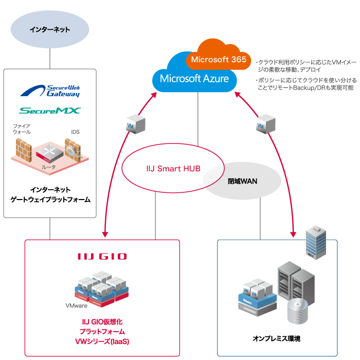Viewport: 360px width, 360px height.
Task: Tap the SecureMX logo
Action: tap(50, 111)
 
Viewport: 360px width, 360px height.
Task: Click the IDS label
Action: tap(75, 132)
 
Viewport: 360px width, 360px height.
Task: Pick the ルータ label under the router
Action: tap(48, 167)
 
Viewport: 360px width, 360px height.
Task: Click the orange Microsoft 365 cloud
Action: tap(218, 59)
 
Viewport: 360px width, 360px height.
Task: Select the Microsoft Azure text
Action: tap(194, 79)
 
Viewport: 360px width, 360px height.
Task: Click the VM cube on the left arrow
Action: tap(132, 125)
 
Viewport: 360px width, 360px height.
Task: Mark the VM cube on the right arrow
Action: tap(262, 125)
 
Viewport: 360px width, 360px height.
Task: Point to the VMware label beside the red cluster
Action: tap(77, 305)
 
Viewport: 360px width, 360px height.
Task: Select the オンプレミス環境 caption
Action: tap(276, 338)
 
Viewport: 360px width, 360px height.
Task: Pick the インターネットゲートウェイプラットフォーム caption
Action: tap(50, 194)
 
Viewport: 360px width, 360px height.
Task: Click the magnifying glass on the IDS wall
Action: tap(70, 150)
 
